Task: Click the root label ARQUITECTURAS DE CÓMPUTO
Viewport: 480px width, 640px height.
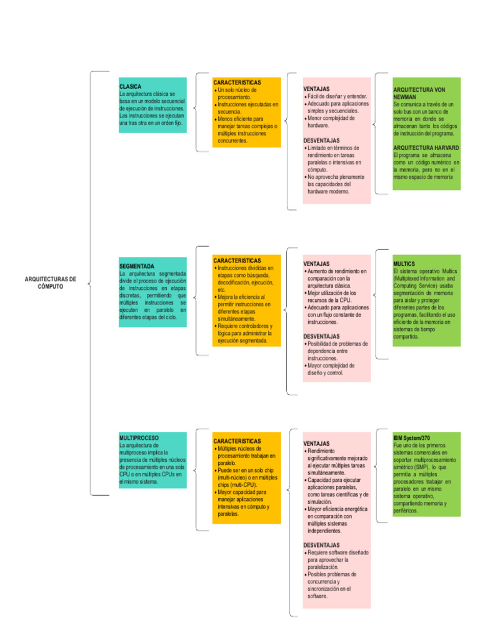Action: pos(51,282)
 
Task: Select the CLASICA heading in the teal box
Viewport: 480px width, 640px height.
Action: pos(130,86)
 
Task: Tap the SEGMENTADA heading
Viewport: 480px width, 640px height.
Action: pos(136,266)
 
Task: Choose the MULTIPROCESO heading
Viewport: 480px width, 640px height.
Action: pos(139,438)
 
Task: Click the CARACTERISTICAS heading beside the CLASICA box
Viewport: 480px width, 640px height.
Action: pos(237,82)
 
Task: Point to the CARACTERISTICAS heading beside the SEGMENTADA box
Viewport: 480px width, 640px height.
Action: pos(237,260)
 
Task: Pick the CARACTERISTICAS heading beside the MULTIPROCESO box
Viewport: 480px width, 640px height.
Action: pos(237,441)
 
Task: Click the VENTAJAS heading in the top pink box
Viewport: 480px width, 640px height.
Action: pos(316,89)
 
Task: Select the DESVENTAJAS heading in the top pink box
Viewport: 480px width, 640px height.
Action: pos(321,141)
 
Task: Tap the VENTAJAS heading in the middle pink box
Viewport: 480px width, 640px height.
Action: pos(316,264)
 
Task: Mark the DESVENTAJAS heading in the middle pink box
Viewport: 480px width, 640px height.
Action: pos(321,336)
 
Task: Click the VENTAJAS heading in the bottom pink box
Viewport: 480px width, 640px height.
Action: pos(316,443)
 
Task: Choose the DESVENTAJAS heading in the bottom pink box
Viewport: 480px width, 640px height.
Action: pos(321,545)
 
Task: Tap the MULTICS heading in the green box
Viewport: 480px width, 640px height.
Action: pos(404,264)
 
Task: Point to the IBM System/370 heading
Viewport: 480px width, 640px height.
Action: pos(412,437)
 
